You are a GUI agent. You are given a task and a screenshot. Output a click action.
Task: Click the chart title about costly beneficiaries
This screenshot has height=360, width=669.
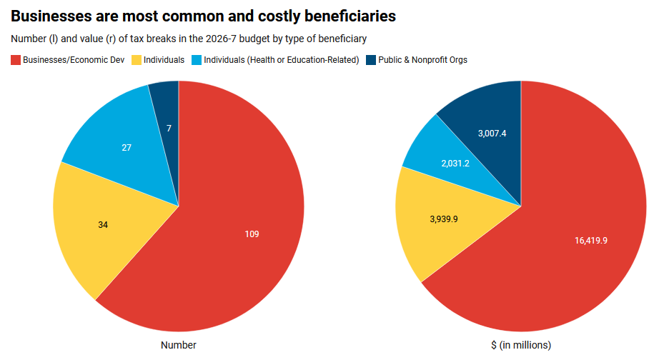click(x=203, y=15)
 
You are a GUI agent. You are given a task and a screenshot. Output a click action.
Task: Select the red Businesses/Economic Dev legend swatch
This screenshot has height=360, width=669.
click(x=15, y=60)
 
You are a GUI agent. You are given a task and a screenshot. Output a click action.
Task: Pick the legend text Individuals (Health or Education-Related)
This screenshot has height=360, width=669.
click(x=281, y=60)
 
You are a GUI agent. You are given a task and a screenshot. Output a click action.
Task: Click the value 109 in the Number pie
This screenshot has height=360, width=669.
click(x=252, y=234)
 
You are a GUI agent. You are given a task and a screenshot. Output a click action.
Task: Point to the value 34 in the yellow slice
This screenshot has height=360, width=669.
click(x=103, y=224)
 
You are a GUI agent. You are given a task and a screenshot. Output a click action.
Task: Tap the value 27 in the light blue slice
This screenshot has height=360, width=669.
click(x=126, y=148)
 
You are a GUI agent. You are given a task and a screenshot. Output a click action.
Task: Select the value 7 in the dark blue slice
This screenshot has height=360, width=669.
click(x=169, y=128)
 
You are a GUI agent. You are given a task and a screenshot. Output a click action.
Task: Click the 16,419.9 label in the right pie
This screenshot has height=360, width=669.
click(x=590, y=240)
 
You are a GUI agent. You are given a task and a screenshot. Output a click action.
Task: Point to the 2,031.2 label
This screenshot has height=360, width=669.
click(x=455, y=163)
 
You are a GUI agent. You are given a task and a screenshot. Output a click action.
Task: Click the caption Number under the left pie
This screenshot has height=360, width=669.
click(x=179, y=345)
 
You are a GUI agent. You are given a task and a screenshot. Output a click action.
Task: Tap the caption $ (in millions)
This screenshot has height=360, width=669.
click(x=521, y=345)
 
